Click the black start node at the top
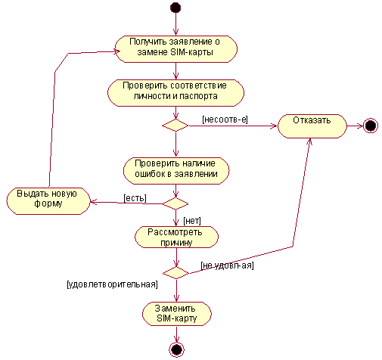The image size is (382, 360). [175, 8]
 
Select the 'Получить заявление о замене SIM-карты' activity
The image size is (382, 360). [176, 49]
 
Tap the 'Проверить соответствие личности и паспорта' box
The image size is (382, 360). [175, 93]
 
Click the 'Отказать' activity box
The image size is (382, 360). [312, 126]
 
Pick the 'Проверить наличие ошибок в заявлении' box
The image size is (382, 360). [176, 171]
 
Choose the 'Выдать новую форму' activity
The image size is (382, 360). [48, 201]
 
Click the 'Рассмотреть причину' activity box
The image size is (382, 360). [176, 237]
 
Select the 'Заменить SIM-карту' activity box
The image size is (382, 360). [177, 314]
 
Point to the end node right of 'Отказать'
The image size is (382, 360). [371, 126]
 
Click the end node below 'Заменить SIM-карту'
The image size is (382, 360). [176, 349]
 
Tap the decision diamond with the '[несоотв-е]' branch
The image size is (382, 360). [175, 126]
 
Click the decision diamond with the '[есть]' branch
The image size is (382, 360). [175, 203]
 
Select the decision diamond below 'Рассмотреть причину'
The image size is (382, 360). [175, 273]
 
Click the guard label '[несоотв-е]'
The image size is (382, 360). [225, 119]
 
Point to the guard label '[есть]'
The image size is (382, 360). [135, 198]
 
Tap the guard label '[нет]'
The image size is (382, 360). [192, 221]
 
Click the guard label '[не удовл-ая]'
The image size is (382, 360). [227, 265]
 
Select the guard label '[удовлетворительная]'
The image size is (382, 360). [112, 284]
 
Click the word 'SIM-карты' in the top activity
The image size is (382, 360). [191, 52]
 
